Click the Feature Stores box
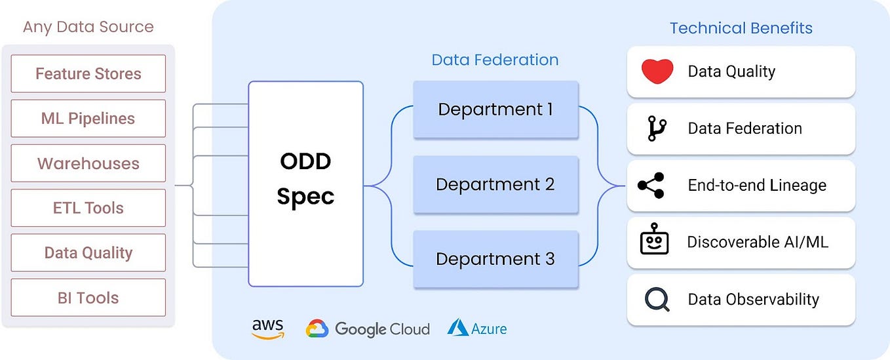[88, 73]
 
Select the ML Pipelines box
[88, 119]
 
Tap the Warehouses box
[88, 163]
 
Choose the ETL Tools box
[88, 208]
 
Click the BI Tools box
[88, 298]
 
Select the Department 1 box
[495, 110]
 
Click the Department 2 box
[495, 184]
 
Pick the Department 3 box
[495, 259]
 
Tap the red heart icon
[657, 71]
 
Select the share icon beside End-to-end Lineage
[651, 186]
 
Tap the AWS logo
[267, 329]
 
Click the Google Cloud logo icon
[317, 329]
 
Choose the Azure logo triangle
[457, 328]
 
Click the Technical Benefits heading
[741, 28]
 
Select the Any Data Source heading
[88, 27]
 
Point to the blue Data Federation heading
[495, 60]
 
